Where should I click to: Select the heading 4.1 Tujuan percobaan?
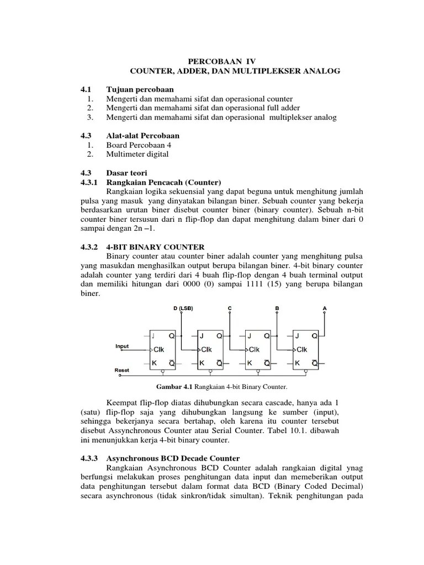pos(140,89)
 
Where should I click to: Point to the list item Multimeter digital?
pos(137,154)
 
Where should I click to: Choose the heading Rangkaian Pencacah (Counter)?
pos(163,183)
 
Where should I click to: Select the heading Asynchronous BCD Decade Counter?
pos(173,459)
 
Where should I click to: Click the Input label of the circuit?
pos(122,347)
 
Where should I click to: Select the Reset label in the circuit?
pos(122,370)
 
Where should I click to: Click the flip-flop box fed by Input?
pos(163,349)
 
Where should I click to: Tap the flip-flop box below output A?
pos(306,349)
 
